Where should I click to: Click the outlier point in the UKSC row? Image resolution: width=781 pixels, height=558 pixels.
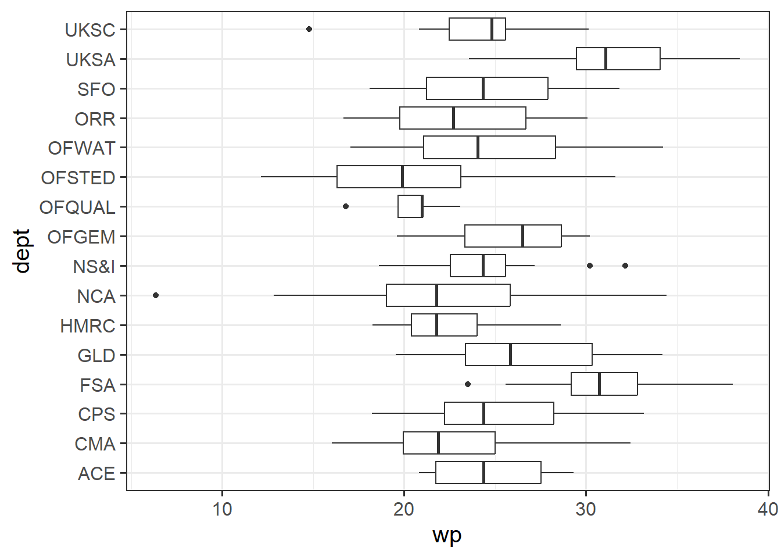tap(309, 29)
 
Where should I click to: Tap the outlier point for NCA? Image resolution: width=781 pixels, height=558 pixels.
tap(156, 295)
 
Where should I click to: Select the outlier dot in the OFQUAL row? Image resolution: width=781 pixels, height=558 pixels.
tap(346, 206)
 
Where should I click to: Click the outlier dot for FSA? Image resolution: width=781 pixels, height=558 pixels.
tap(468, 384)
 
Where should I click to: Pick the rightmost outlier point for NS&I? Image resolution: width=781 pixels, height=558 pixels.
tap(625, 266)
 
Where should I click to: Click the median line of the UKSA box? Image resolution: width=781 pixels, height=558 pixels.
tap(606, 59)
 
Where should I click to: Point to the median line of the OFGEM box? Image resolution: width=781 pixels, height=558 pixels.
tap(523, 236)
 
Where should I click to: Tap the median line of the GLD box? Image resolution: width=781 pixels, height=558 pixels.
tap(510, 355)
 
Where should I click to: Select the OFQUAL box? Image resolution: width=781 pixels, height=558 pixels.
tap(410, 206)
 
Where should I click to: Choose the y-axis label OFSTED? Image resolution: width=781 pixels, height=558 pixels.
tap(78, 178)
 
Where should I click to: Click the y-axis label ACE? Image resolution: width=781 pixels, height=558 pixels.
tap(96, 474)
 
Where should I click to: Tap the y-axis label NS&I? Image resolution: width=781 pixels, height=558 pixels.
tap(94, 267)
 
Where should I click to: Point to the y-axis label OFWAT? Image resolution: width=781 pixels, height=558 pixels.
tap(81, 148)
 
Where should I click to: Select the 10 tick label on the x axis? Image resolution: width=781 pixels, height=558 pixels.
tap(222, 510)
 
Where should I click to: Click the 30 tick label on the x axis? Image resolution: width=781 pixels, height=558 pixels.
tap(586, 510)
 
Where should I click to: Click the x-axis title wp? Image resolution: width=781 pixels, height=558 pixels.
tap(447, 535)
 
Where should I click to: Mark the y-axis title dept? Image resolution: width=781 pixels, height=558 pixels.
tap(22, 251)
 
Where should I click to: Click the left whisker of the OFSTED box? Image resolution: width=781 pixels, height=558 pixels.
tap(299, 177)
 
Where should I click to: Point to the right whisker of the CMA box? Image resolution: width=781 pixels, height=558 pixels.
tap(563, 443)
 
